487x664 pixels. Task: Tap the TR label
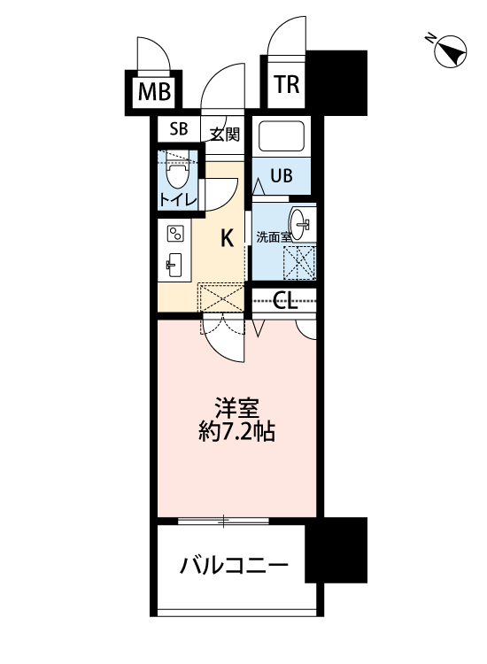tap(285, 84)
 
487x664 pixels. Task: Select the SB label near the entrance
tap(179, 129)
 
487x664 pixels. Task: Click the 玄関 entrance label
tap(225, 134)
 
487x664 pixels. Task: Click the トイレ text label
tap(179, 199)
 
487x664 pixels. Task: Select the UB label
tap(281, 175)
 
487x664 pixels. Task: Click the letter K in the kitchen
tap(227, 237)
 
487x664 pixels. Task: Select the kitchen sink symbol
tap(174, 265)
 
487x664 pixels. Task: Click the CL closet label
tap(284, 302)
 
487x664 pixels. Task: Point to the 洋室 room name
tap(236, 409)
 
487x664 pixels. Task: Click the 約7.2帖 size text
tap(236, 434)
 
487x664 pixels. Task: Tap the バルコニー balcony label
tap(235, 565)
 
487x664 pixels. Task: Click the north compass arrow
tap(452, 52)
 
